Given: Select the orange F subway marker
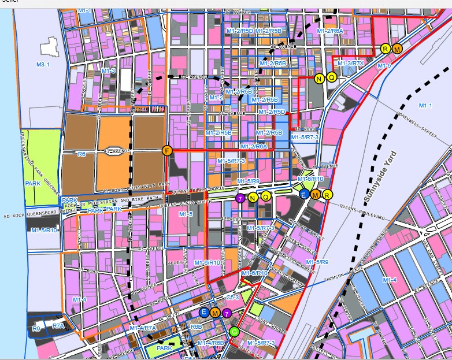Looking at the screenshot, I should [166, 151].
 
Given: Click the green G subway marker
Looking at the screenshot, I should [234, 332].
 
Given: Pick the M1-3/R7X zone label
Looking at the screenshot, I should [351, 63].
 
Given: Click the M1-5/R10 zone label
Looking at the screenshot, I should [44, 230].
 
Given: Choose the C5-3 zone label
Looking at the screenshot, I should [232, 297].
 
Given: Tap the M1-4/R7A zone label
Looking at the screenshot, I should [143, 328].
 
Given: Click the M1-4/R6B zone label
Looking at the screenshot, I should [210, 343].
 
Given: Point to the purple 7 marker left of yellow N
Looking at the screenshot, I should [240, 198].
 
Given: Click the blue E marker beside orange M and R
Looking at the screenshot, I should [303, 195].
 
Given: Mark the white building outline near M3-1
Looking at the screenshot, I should [49, 46].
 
